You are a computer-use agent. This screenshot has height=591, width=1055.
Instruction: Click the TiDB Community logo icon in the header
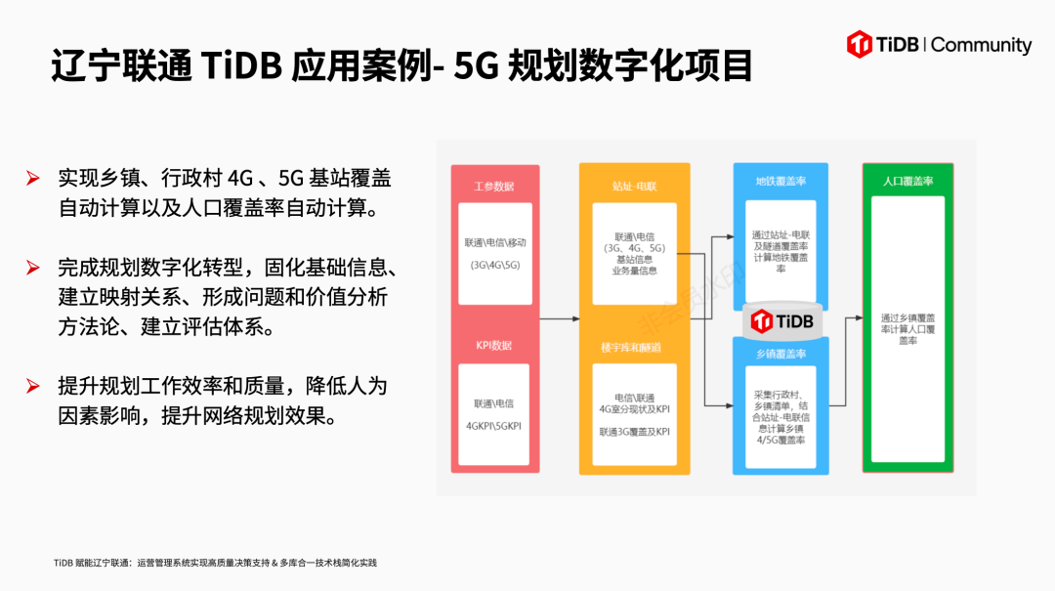861,44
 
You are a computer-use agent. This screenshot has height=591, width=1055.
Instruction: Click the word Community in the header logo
982,45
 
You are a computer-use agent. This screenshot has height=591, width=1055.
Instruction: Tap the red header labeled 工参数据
493,186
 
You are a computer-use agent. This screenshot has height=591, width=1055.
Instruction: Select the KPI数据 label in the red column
493,346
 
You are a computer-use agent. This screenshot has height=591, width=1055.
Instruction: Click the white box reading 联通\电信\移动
494,253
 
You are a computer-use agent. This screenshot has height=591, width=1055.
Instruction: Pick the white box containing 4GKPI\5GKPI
494,414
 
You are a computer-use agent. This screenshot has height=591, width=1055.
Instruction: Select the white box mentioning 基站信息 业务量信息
634,253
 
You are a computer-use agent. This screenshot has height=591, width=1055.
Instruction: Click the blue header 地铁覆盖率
781,181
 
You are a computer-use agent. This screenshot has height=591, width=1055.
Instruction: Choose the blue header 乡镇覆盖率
781,354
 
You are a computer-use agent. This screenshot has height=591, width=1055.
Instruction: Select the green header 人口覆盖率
907,181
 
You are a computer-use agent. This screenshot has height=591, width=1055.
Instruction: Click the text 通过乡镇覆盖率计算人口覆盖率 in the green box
907,328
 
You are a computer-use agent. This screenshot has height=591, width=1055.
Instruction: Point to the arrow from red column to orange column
559,319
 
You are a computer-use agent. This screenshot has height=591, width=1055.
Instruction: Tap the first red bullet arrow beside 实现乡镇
33,178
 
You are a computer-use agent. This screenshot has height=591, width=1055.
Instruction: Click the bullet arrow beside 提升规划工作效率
33,386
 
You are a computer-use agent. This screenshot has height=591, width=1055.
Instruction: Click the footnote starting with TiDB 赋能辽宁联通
215,563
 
